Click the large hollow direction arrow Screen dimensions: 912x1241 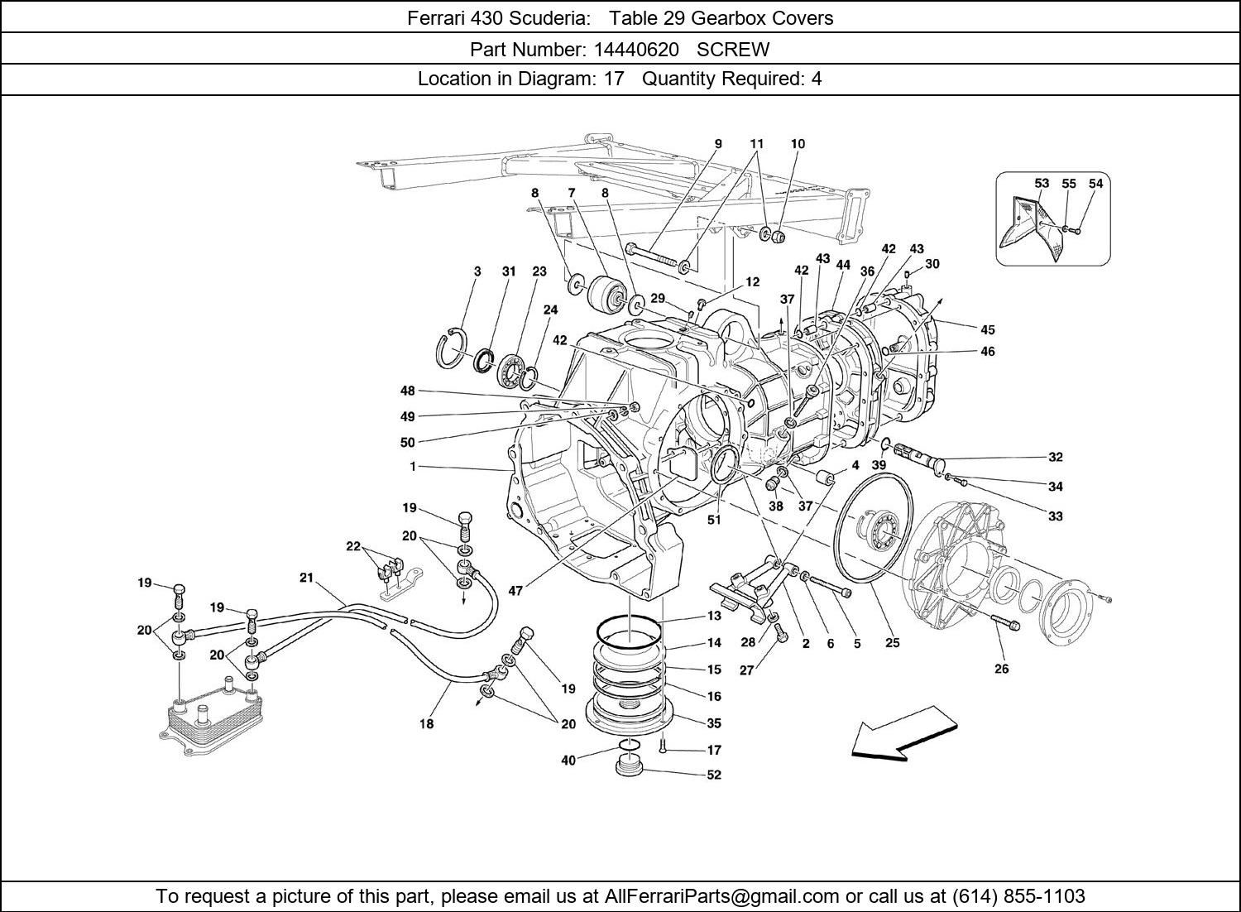point(904,732)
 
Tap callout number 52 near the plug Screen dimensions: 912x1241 point(713,775)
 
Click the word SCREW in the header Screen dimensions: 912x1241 point(733,50)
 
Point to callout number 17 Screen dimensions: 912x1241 point(713,751)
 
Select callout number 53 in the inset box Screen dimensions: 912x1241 point(1042,184)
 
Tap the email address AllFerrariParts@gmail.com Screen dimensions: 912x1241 point(722,896)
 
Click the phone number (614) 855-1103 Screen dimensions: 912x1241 point(1018,896)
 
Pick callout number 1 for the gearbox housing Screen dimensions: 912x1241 point(411,467)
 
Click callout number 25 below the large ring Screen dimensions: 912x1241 point(892,643)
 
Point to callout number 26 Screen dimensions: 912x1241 point(1001,669)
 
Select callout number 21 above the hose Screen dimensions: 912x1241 point(307,578)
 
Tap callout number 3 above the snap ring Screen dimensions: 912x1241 point(477,271)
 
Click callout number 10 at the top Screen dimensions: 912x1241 point(798,144)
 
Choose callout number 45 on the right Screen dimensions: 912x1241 point(987,330)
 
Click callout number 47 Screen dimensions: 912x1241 point(515,591)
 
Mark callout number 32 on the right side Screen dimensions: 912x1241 point(1055,457)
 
